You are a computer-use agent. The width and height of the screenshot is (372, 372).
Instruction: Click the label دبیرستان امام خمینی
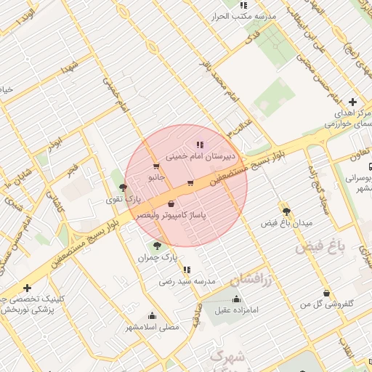click(200, 155)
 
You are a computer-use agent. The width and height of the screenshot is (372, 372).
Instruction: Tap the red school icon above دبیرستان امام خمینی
click(200, 144)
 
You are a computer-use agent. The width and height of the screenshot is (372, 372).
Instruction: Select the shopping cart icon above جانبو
click(155, 166)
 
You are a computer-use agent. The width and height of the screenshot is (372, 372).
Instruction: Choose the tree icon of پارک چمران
click(157, 246)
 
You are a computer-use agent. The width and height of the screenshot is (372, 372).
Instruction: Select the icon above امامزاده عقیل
click(235, 299)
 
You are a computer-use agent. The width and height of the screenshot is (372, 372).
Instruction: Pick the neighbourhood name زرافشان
click(251, 278)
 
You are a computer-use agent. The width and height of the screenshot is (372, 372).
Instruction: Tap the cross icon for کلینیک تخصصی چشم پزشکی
click(27, 288)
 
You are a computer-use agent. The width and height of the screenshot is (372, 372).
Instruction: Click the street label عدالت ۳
click(240, 126)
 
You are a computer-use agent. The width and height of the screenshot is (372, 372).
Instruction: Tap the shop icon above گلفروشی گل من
click(326, 293)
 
